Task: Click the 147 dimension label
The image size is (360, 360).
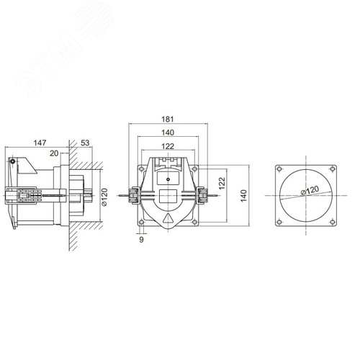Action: tap(40, 143)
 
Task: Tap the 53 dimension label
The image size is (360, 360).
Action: tap(85, 143)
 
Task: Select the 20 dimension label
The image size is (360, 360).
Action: tap(54, 153)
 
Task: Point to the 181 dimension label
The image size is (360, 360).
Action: tap(167, 119)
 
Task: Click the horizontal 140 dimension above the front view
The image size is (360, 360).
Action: tap(168, 132)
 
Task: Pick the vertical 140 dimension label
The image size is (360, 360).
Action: tap(243, 196)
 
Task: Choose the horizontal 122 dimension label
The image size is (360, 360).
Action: tap(168, 146)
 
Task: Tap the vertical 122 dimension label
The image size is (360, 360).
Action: tap(222, 183)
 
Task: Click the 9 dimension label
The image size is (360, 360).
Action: tap(141, 239)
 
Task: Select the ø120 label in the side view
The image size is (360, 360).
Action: tap(104, 197)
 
